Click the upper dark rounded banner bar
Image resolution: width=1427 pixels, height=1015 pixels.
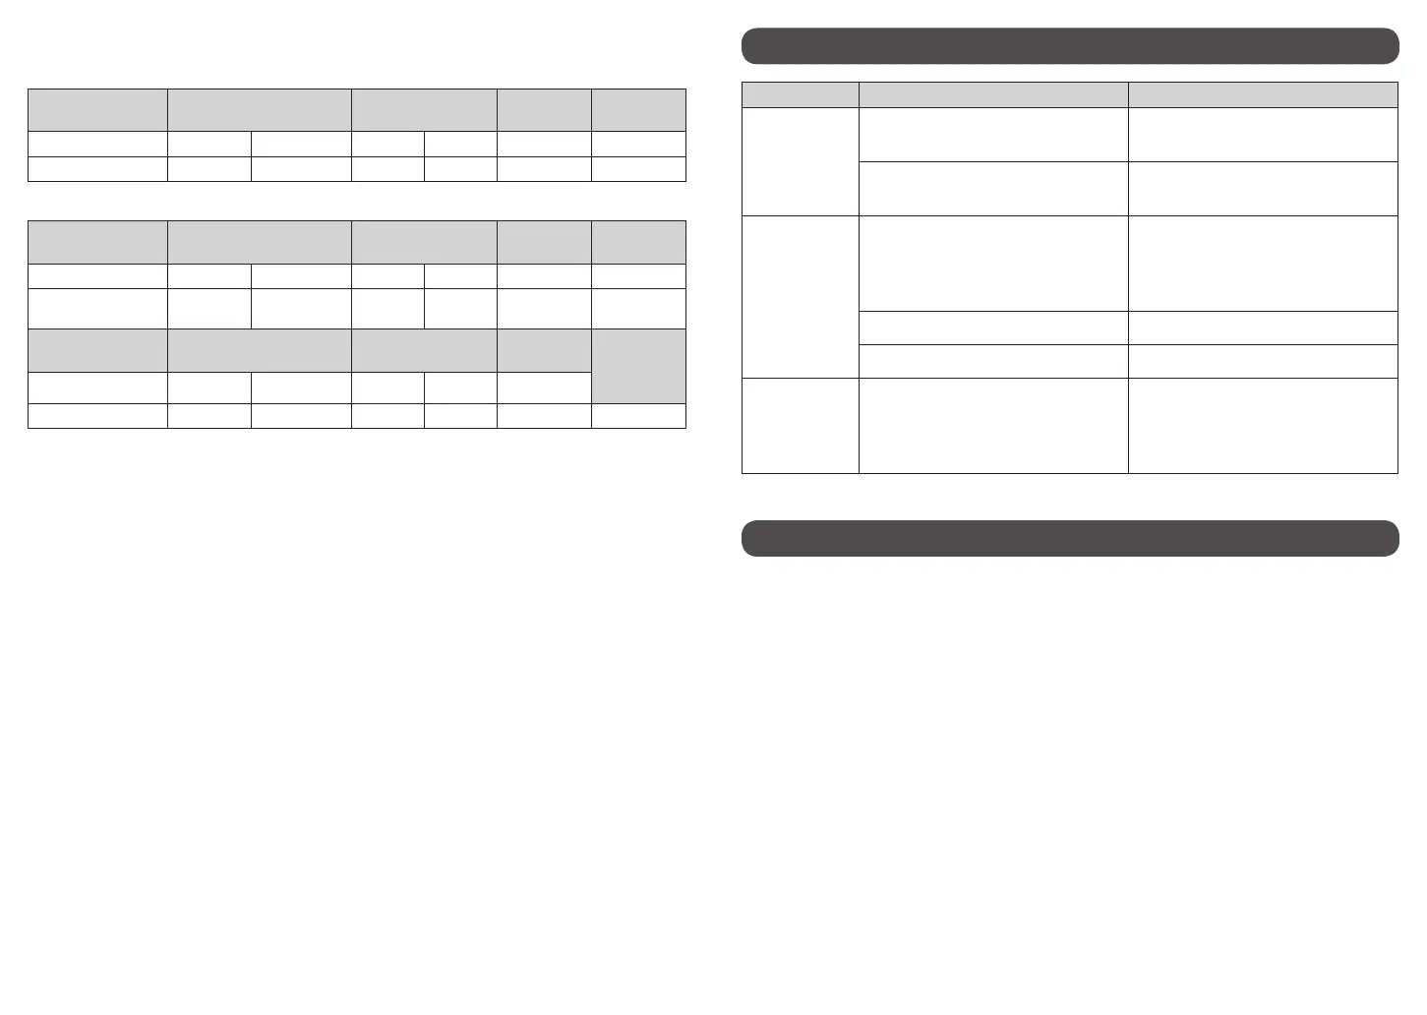click(x=1069, y=46)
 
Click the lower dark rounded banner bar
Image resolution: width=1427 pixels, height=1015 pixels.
click(x=1069, y=538)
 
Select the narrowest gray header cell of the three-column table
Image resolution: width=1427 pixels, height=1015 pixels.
click(x=800, y=94)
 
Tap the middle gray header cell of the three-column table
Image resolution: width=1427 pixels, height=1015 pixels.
click(x=992, y=94)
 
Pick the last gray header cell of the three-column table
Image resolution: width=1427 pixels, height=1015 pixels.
click(x=1262, y=94)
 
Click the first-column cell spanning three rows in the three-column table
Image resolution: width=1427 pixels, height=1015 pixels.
click(x=800, y=296)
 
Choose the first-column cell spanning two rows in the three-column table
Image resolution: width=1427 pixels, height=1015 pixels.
click(x=800, y=161)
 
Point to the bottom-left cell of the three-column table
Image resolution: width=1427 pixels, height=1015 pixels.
click(x=800, y=425)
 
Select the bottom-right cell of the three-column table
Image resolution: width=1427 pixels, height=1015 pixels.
click(x=1262, y=425)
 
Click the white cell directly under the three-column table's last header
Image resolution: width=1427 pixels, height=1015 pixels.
click(x=1262, y=135)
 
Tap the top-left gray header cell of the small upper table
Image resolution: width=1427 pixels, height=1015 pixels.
click(x=97, y=109)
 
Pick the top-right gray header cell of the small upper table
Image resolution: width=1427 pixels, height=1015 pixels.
click(x=638, y=109)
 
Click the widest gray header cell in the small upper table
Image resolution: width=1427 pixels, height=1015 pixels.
click(x=259, y=109)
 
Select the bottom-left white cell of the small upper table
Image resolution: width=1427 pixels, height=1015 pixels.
click(x=97, y=168)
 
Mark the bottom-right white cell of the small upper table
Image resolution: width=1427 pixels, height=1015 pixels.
click(x=638, y=168)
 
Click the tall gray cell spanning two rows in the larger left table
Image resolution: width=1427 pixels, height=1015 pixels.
click(x=638, y=366)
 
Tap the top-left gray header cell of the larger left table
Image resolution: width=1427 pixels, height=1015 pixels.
click(x=97, y=242)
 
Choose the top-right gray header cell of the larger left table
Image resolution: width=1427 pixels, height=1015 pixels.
click(x=638, y=242)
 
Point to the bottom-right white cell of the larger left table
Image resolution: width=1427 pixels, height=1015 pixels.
click(x=638, y=415)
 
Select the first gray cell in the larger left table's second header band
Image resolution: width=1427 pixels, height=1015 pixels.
click(x=97, y=350)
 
